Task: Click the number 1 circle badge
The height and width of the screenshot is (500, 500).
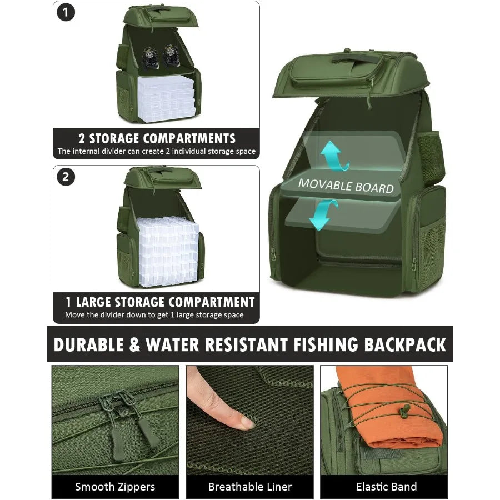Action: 66,13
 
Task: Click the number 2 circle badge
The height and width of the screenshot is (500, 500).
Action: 66,177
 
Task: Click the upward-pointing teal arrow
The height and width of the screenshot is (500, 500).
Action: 334,156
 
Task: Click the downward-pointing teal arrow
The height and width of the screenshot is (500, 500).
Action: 323,215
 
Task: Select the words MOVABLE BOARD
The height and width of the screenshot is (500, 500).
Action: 346,186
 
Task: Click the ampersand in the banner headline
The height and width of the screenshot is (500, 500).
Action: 135,344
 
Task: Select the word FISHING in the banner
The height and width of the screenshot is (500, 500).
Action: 326,344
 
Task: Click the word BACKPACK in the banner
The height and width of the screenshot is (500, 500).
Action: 405,344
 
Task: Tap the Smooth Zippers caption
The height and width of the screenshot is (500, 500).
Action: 115,487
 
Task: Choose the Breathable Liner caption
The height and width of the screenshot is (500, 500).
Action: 249,487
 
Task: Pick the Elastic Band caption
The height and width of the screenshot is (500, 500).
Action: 387,487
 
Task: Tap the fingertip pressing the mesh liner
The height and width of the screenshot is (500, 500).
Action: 246,422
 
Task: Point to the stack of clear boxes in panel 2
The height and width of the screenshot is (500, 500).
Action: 169,251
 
